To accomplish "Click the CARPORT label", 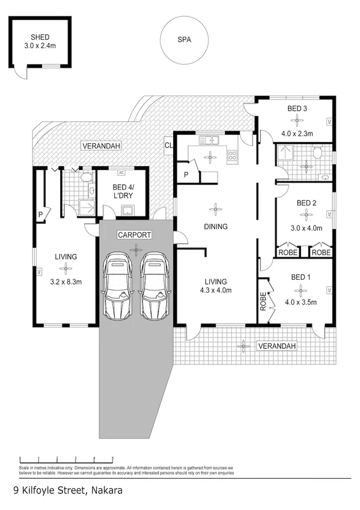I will tap(135, 235).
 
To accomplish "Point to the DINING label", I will tap(215, 227).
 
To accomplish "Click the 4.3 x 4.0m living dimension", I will tap(215, 290).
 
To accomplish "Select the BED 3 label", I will tap(297, 109).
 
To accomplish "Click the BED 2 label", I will tap(307, 203).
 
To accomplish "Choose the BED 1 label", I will tap(301, 277).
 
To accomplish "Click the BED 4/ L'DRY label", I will tap(123, 191).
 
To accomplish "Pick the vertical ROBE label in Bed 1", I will tap(263, 301).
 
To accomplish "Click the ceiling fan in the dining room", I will tap(215, 209).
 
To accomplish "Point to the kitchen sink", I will tap(210, 141).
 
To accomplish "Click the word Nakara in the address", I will tap(107, 490).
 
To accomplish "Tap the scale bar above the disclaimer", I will tap(66, 459).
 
